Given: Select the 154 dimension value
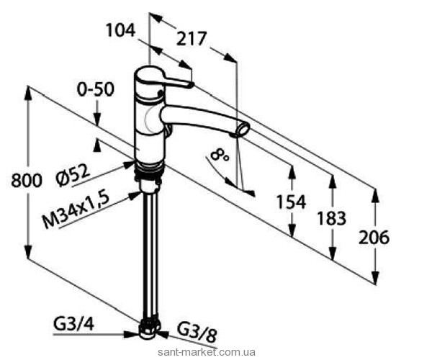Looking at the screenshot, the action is coord(291,202).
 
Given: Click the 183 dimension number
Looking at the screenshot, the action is coord(331,217).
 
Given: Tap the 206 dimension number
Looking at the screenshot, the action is coord(375,237).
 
